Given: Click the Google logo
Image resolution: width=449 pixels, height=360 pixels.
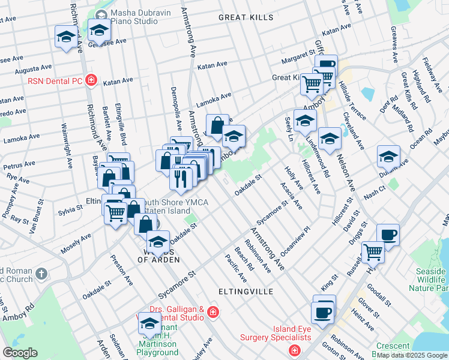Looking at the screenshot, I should [x=20, y=353].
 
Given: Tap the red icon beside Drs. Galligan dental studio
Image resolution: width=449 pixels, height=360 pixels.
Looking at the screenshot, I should [x=212, y=312].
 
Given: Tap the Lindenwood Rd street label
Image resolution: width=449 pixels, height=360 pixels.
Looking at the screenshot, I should [x=318, y=158].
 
